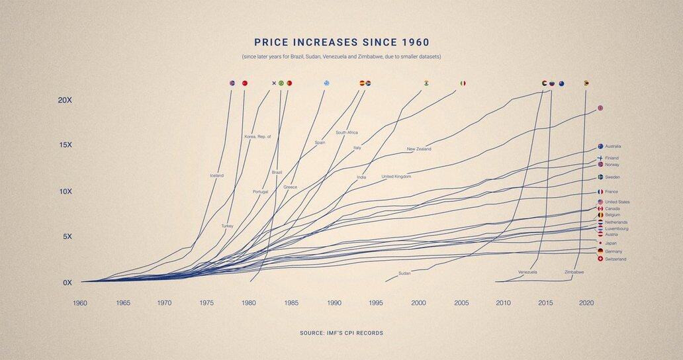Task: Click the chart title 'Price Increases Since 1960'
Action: (x=341, y=42)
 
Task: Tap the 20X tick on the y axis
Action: (x=64, y=100)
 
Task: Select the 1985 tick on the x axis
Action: (x=291, y=303)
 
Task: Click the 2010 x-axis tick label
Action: (x=504, y=303)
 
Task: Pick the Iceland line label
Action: (x=216, y=175)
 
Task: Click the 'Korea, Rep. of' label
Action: (x=258, y=137)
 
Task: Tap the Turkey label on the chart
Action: (x=228, y=226)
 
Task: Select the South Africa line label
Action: (x=347, y=133)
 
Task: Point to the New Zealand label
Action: (x=419, y=149)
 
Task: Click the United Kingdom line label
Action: (x=396, y=177)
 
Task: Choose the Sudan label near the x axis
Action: (x=404, y=273)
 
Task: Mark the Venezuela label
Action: (x=527, y=272)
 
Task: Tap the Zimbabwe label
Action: (x=574, y=272)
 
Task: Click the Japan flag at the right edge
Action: (x=600, y=243)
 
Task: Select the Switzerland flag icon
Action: (x=600, y=259)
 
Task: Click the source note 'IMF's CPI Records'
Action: (x=341, y=332)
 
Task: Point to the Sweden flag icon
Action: (x=600, y=177)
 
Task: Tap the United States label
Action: (x=617, y=202)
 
